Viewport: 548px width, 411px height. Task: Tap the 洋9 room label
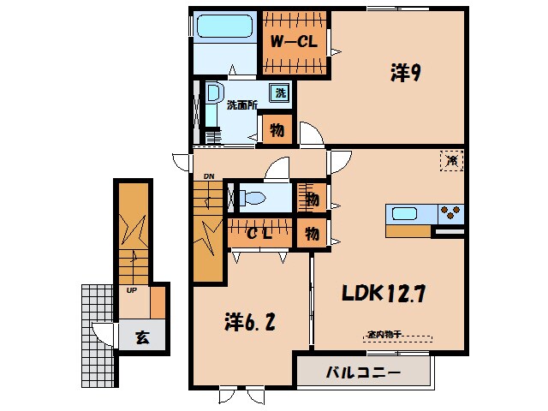coord(404,74)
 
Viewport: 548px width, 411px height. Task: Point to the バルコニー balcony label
coord(363,373)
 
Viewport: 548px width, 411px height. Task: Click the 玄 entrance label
coord(142,337)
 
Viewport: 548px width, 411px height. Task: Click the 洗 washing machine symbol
coord(279,93)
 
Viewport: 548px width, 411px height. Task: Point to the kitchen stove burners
coord(451,212)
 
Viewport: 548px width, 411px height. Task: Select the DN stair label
coord(208,177)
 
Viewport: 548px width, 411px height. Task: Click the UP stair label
coord(131,289)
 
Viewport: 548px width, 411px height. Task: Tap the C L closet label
coord(260,234)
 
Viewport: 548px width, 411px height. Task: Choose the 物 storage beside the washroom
coord(279,131)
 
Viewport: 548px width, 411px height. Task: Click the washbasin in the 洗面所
coord(213,94)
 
